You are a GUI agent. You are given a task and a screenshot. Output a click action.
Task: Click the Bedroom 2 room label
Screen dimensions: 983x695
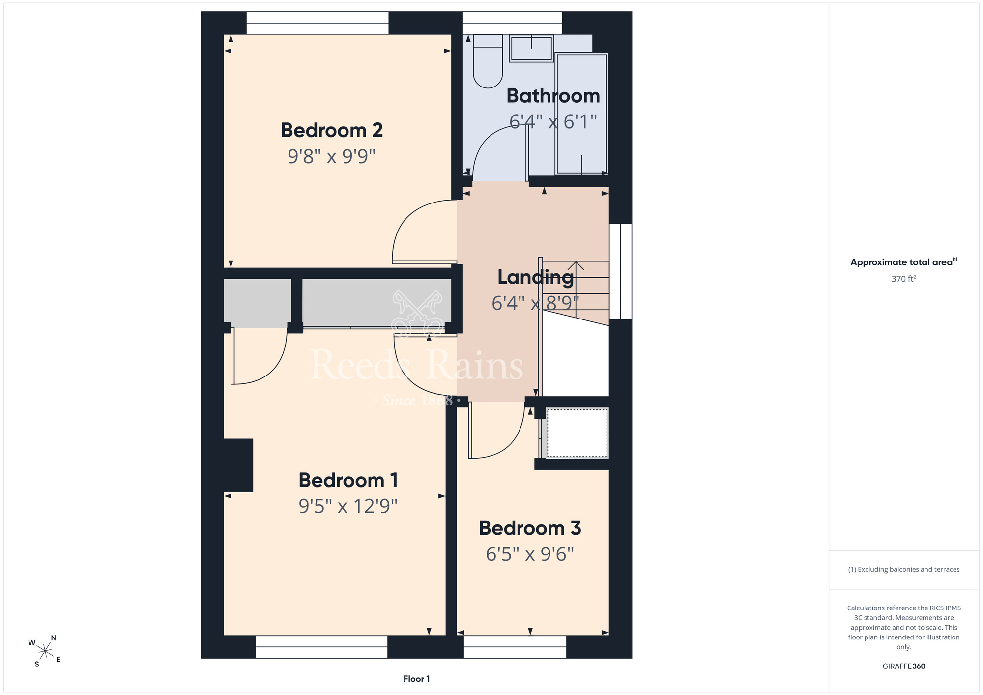pos(332,130)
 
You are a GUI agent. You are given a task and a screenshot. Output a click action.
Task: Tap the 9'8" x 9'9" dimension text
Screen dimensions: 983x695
pos(332,156)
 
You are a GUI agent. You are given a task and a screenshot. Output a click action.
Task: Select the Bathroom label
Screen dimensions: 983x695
pos(553,96)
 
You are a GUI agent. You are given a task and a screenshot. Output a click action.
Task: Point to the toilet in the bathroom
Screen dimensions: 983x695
pos(488,61)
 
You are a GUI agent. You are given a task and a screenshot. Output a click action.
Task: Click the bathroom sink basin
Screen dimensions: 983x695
pos(531,49)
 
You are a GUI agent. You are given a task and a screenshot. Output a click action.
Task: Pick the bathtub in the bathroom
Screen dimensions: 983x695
pos(582,114)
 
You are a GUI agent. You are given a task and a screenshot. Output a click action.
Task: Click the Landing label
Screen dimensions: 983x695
pos(536,278)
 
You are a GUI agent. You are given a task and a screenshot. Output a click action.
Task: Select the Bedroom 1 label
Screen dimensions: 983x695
pos(348,480)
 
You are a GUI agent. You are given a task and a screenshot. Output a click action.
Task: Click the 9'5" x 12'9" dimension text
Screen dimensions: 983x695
pos(348,506)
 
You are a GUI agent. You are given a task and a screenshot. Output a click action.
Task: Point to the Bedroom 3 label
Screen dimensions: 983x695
pos(530,528)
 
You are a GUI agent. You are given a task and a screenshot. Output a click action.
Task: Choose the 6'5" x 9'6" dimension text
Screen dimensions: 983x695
pos(530,554)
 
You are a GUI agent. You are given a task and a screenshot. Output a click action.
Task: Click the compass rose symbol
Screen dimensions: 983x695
pos(45,652)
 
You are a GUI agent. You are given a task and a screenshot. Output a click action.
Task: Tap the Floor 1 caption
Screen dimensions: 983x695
pos(416,679)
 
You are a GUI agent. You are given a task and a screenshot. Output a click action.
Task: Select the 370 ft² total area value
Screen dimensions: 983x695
pos(904,279)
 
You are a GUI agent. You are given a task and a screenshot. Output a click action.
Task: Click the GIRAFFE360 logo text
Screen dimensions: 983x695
pos(904,666)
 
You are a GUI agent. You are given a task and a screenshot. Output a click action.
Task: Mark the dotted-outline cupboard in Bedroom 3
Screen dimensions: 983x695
pos(577,433)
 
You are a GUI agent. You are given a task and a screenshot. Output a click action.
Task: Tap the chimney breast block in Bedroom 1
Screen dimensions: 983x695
pos(238,465)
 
